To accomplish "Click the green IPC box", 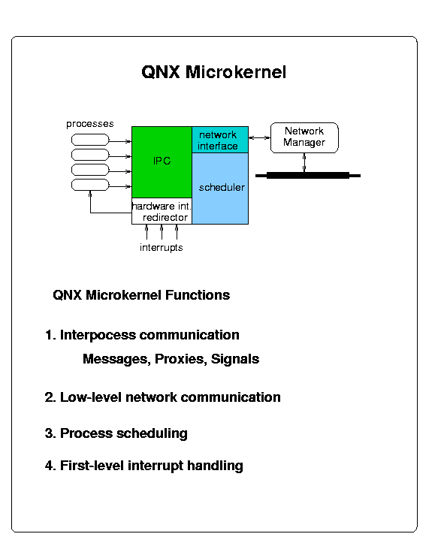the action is pyautogui.click(x=162, y=162).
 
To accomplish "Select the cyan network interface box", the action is pyautogui.click(x=220, y=140).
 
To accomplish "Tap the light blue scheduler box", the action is pyautogui.click(x=220, y=189).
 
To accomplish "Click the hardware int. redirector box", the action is pyautogui.click(x=162, y=211).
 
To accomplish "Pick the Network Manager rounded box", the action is pyautogui.click(x=304, y=137).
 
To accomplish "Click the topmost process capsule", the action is pyautogui.click(x=90, y=140).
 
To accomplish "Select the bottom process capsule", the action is pyautogui.click(x=90, y=185).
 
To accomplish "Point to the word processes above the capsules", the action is pyautogui.click(x=89, y=124).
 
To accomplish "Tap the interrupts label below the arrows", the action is pyautogui.click(x=161, y=248).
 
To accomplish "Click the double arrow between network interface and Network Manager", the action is pyautogui.click(x=259, y=138).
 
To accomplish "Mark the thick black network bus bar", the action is pyautogui.click(x=308, y=176).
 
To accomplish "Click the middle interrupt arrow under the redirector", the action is pyautogui.click(x=162, y=232).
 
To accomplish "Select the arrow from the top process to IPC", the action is pyautogui.click(x=120, y=141).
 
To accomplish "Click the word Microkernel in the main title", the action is pyautogui.click(x=236, y=72).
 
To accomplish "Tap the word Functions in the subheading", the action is pyautogui.click(x=198, y=295).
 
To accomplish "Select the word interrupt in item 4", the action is pyautogui.click(x=156, y=466).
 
